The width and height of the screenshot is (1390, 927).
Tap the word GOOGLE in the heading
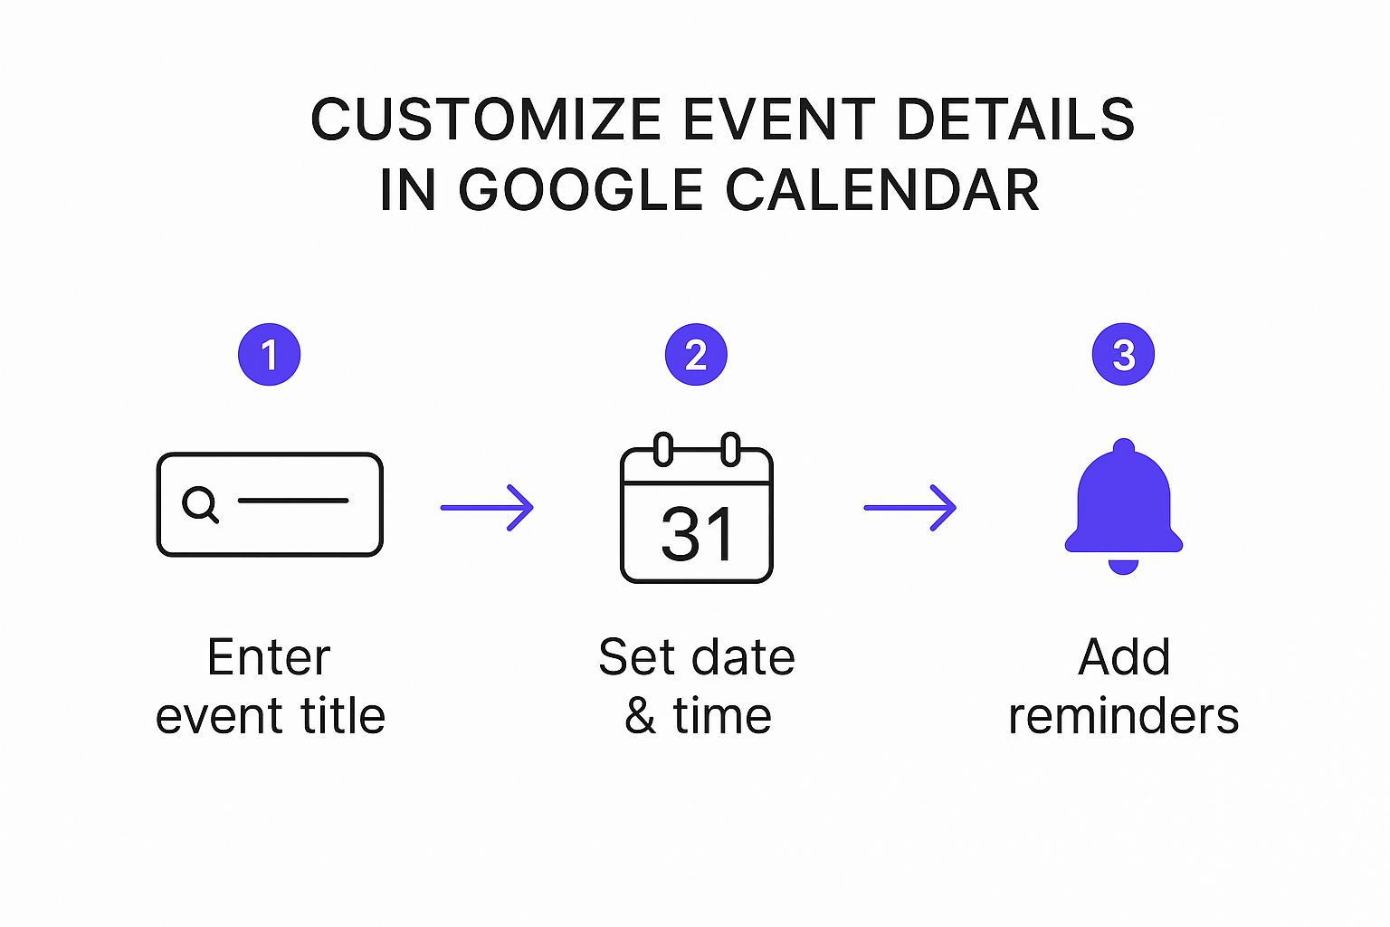point(580,190)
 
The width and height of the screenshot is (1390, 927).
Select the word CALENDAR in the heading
point(882,190)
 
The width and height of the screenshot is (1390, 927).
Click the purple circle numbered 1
point(269,355)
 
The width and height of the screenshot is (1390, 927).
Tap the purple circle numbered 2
point(696,355)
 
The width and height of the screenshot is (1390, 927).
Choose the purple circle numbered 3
point(1123,355)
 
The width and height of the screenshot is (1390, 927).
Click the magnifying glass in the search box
point(200,503)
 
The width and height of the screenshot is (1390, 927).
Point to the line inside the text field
point(293,501)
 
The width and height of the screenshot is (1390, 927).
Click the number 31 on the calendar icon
point(697,534)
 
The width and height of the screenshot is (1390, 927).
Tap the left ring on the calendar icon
point(663,450)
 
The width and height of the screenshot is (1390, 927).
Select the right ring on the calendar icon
point(730,450)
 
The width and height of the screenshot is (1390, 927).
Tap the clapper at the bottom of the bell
point(1123,567)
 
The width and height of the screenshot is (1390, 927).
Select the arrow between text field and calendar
point(487,508)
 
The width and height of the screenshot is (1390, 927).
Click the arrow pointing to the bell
point(910,508)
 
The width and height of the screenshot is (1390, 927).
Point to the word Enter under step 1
point(269,657)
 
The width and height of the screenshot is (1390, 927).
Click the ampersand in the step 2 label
point(640,716)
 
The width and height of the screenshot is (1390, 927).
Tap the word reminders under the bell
point(1123,716)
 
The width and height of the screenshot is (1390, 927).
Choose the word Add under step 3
point(1124,657)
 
